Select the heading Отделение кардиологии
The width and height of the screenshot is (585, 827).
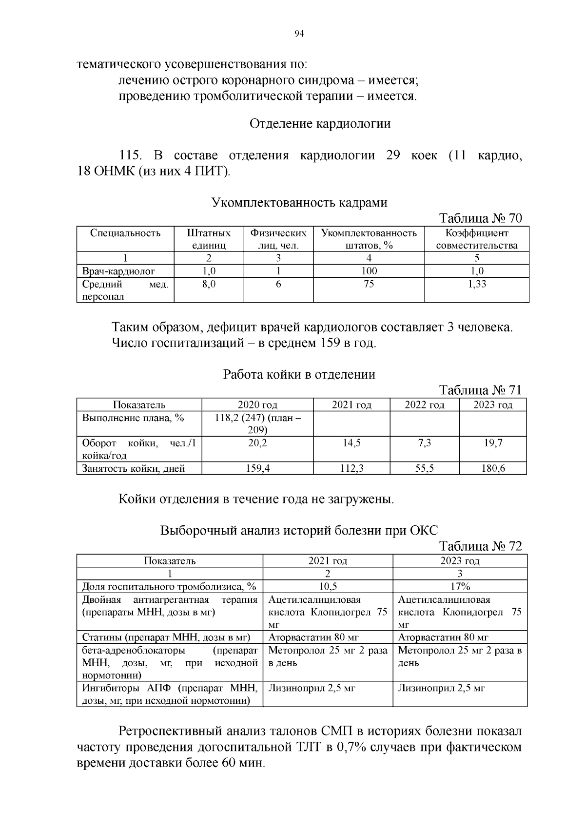(x=320, y=124)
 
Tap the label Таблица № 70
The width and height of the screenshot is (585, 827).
(x=480, y=218)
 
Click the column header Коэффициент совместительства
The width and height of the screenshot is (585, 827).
(x=476, y=239)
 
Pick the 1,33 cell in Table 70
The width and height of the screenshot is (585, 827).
(x=476, y=284)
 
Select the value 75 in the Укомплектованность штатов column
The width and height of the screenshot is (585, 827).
(x=369, y=284)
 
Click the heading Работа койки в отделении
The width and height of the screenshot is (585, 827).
(x=299, y=374)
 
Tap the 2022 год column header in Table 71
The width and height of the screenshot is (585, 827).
(x=424, y=405)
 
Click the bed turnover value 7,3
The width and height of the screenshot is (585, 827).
(x=424, y=443)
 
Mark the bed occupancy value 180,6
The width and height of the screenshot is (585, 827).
(x=492, y=469)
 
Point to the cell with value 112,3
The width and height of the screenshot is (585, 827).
(x=351, y=469)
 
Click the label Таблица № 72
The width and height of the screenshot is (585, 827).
(x=480, y=546)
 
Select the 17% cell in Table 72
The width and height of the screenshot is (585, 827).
(x=460, y=587)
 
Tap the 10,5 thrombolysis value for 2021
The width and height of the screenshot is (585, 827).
(x=327, y=587)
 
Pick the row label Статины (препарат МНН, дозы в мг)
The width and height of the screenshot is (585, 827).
(x=166, y=637)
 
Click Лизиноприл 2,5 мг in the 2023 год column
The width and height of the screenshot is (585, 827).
(x=441, y=689)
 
